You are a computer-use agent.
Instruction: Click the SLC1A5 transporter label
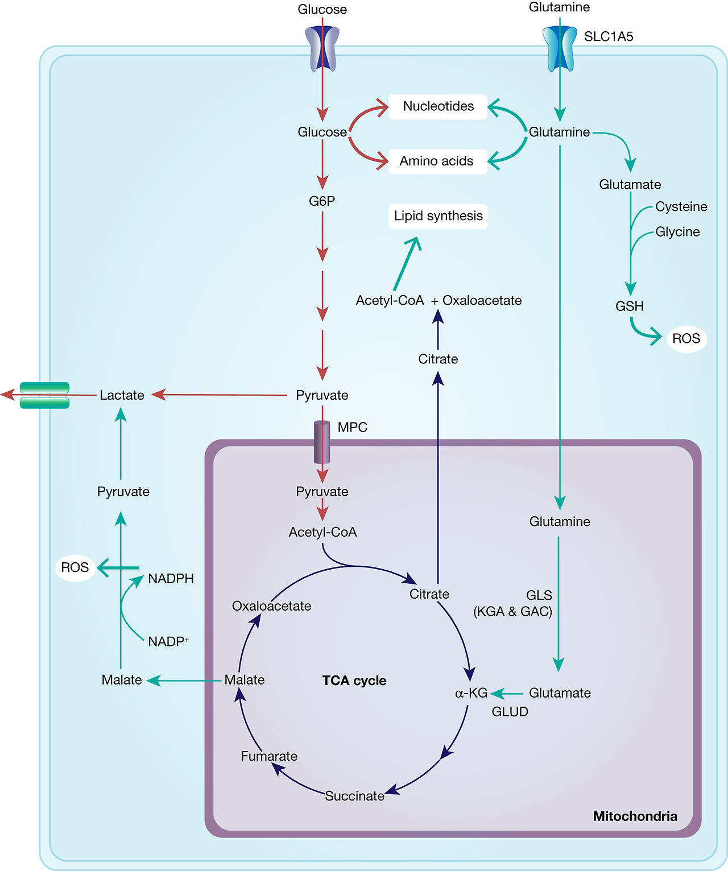tap(608, 37)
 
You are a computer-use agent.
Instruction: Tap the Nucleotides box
tap(438, 106)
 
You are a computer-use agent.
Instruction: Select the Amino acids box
tap(436, 161)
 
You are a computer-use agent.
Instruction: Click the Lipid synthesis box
tap(438, 216)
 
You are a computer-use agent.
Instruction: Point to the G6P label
tap(322, 201)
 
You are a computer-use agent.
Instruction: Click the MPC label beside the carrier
tap(352, 428)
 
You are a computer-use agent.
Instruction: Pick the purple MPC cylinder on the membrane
tap(322, 442)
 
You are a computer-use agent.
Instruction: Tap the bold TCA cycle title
tap(354, 681)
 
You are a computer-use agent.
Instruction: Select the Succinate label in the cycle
tap(354, 796)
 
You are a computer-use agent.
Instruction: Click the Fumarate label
tap(269, 756)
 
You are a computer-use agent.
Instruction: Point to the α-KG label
tap(471, 693)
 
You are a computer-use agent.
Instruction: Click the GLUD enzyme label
tap(510, 712)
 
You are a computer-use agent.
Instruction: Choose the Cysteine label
tap(681, 207)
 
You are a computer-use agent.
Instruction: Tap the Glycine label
tap(677, 232)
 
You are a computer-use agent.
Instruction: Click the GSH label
tap(630, 306)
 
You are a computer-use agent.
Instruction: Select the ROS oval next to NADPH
tap(75, 567)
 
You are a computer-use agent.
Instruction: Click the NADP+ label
tap(168, 642)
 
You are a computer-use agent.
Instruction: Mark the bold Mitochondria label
tap(635, 816)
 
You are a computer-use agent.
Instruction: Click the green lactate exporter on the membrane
tap(44, 395)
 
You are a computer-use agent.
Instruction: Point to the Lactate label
tap(122, 395)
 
